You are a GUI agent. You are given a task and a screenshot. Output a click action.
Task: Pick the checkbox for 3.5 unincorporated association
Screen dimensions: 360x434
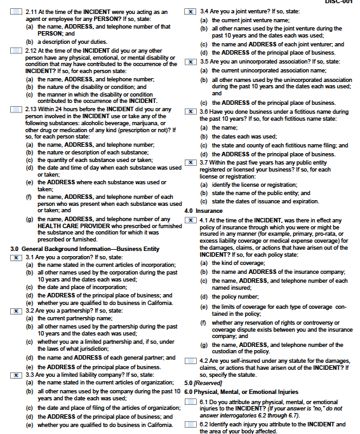tap(190, 62)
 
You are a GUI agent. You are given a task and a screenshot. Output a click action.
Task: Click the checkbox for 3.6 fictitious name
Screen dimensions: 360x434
tap(190, 111)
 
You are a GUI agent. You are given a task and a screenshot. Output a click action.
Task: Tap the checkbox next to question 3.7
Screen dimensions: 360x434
tap(190, 161)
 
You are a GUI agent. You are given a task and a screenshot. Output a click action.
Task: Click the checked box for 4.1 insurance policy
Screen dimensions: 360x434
tap(190, 220)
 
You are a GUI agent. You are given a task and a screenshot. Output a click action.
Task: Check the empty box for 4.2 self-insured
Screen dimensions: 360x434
tap(190, 361)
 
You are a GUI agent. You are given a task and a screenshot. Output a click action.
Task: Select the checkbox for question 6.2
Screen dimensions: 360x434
tap(190, 424)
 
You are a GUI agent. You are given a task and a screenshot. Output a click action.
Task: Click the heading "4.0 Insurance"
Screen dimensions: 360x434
tap(203, 210)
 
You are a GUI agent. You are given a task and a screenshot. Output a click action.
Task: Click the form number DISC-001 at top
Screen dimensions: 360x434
tap(338, 2)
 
